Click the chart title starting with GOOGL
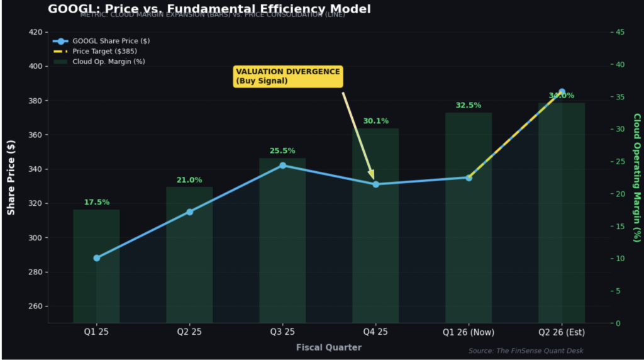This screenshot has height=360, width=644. pos(209,9)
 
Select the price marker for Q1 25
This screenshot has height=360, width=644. pos(97,258)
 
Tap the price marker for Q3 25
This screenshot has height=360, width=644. pos(282,166)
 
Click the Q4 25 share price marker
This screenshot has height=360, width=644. pos(375,184)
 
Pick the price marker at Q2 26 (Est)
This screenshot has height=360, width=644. pos(562,92)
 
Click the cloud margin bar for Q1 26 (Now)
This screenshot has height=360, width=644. pos(469,252)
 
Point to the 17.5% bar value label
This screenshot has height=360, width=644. pos(97,203)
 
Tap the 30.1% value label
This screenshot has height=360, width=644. pos(375,121)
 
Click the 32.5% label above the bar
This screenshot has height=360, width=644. pos(469,106)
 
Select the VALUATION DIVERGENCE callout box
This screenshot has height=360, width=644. pos(288,76)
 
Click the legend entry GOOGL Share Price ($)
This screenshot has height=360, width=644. pos(111,41)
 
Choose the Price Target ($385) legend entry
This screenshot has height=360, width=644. pos(104,51)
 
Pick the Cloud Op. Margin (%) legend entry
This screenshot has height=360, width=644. pos(108,62)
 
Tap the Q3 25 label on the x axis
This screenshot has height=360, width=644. pos(282,332)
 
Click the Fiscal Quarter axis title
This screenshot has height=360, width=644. pos(329,347)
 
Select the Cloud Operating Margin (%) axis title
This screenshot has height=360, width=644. pos(636,177)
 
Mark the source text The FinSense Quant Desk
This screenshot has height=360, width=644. pos(531,351)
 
